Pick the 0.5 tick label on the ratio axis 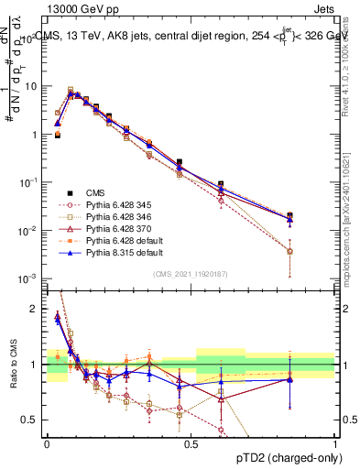(32, 420)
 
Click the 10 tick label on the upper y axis (31, 86)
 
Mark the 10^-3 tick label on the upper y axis (29, 278)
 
